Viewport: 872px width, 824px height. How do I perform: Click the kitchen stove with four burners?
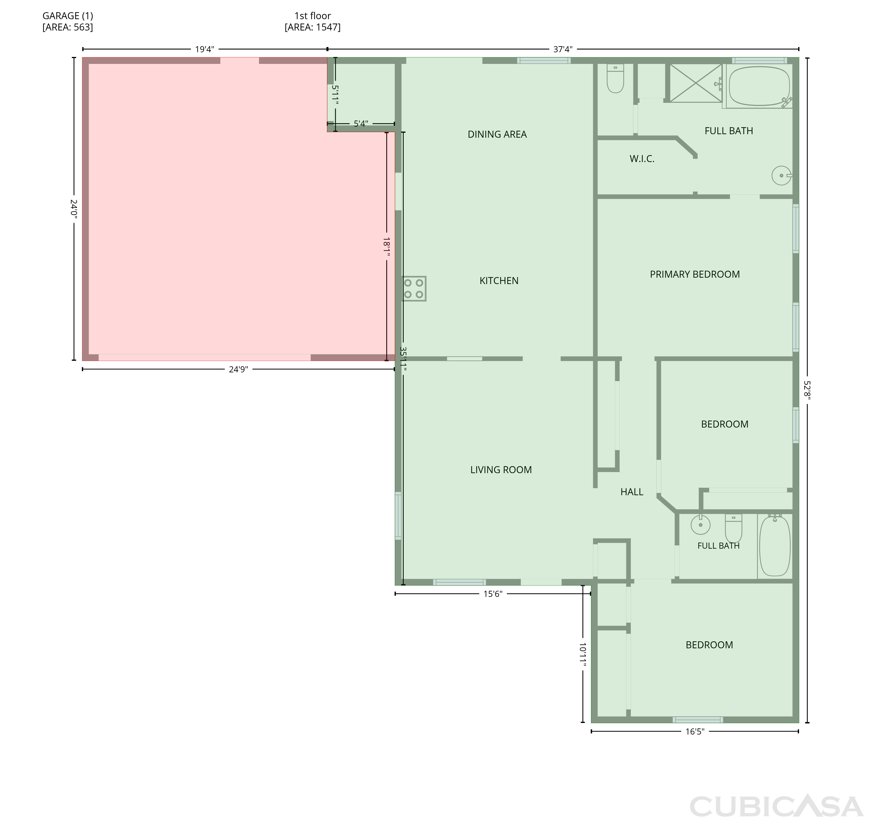pos(414,289)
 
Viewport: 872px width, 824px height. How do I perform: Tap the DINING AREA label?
pos(497,134)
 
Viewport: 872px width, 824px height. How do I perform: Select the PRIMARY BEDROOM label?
pos(695,274)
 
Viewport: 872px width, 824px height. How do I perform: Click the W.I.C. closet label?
pos(642,159)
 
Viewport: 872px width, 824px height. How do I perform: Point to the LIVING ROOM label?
pos(501,470)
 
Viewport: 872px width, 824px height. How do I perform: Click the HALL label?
pos(632,492)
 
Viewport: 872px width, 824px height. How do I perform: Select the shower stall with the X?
pos(696,83)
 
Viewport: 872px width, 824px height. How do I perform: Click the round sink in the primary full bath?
pos(782,176)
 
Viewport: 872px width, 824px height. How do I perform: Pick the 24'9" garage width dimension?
pos(239,369)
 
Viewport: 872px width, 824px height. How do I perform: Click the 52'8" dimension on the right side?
pos(807,390)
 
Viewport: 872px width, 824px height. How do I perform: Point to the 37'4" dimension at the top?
pos(562,49)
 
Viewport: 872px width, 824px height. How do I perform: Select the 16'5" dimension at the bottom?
pos(695,731)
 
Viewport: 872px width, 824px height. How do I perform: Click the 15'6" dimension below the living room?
pos(493,594)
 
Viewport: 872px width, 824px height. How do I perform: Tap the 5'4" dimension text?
pos(361,124)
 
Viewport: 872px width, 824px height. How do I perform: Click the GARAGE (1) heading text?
pos(68,16)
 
